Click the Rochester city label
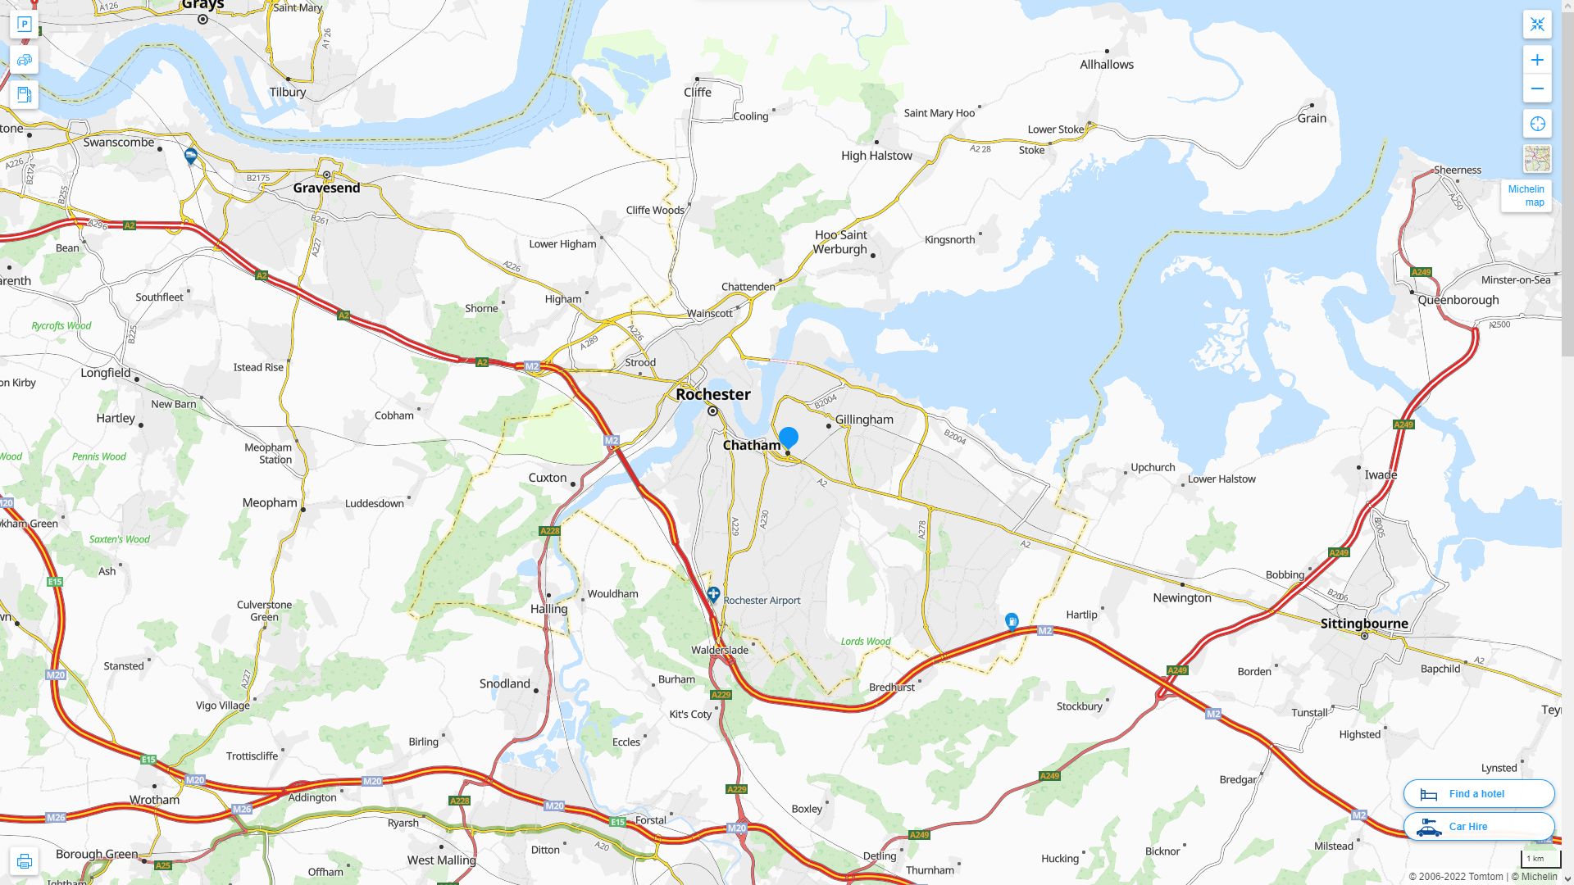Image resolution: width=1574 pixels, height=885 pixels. coord(712,394)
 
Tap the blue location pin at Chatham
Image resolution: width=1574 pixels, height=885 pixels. coord(789,438)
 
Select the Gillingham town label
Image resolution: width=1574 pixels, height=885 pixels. coord(864,420)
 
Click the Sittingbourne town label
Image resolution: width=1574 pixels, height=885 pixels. coord(1364,624)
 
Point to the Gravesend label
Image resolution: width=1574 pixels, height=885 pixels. coord(326,188)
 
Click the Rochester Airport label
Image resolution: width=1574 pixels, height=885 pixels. coord(762,601)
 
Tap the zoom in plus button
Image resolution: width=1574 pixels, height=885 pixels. coord(1537,60)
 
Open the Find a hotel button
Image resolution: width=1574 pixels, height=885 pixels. coord(1478,794)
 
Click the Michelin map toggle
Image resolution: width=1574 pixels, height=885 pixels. coord(1526,195)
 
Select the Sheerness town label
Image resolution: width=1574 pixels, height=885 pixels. coord(1457,170)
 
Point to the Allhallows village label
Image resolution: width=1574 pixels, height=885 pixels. coord(1106,65)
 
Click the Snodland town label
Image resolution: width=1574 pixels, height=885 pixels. coord(504,683)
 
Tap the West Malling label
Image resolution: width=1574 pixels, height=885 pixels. coord(441,860)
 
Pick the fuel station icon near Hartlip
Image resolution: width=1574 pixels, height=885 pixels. coord(1012,621)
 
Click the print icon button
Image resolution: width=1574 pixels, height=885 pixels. coord(24,861)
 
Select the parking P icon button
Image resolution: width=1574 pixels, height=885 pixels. coord(24,24)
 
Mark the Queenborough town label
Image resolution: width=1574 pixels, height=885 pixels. coord(1458,300)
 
